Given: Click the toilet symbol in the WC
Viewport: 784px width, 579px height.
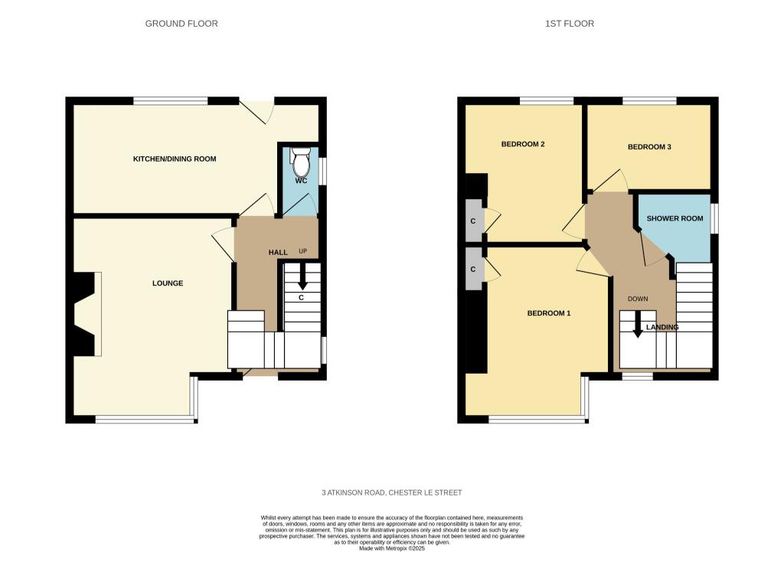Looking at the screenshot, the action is point(300,161).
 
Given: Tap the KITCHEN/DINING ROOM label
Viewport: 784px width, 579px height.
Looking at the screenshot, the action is point(175,159).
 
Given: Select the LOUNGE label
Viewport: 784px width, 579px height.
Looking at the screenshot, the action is point(168,283).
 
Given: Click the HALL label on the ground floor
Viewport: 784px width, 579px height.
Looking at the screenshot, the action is point(278,253).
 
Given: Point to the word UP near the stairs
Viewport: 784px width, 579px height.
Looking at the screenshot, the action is point(303,251).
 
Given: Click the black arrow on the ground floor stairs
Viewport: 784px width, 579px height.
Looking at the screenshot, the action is point(302,277).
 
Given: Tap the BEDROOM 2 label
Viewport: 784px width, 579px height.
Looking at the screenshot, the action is point(523,144).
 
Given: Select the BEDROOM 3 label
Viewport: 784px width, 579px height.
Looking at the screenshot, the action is point(649,146).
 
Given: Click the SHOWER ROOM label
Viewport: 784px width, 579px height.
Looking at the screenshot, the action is point(675,218).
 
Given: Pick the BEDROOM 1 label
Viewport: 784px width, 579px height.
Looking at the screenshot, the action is point(549,313).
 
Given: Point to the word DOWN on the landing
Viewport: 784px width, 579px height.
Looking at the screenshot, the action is point(638,299).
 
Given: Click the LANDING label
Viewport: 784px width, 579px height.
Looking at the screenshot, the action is point(662,327).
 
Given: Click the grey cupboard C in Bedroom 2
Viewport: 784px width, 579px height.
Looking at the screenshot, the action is point(474,221).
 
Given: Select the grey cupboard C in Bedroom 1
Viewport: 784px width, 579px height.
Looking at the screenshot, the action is point(474,269).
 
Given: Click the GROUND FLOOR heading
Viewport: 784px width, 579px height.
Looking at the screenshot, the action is point(181,24).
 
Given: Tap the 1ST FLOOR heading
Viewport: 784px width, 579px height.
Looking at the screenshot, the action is point(570,24).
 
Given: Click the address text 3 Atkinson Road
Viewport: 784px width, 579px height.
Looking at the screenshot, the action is point(391,492).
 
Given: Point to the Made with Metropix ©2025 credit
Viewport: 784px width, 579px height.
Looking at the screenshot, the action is point(392,548).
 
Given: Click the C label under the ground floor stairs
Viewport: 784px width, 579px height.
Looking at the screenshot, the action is point(302,297).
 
